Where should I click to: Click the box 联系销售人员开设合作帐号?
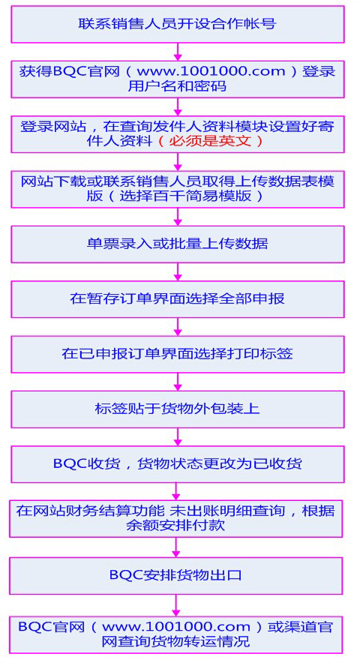[x=177, y=24]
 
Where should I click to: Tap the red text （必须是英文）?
[x=210, y=141]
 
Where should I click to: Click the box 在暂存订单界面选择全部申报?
[x=177, y=298]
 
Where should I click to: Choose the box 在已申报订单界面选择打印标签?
[x=177, y=354]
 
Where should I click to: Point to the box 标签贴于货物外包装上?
[x=177, y=409]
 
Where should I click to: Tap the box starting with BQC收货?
[x=177, y=463]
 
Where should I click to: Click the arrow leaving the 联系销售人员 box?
[x=178, y=52]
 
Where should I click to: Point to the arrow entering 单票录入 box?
[x=178, y=217]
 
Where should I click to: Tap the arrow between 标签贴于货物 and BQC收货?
[x=178, y=437]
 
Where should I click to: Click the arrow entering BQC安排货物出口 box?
[x=176, y=547]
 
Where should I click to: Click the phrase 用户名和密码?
[x=177, y=85]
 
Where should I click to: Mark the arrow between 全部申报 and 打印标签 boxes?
[x=178, y=327]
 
